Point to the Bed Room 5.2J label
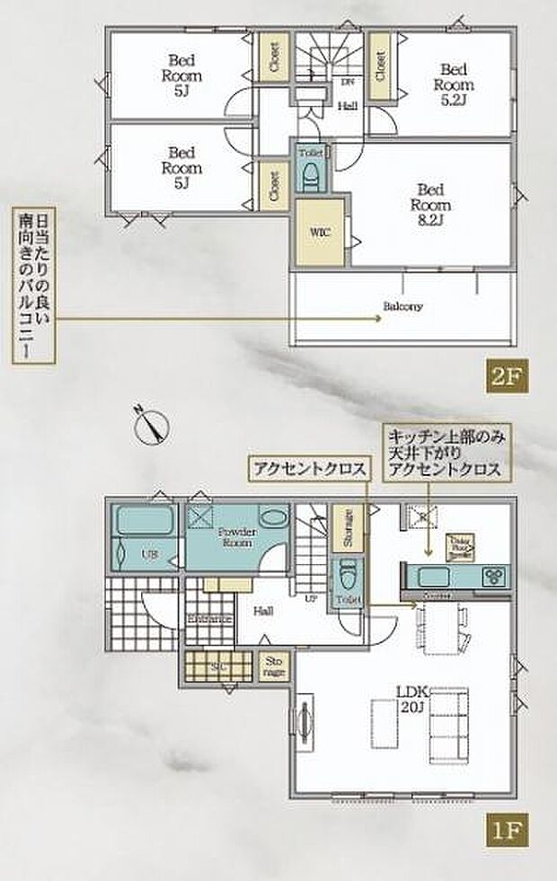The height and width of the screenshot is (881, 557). (452, 84)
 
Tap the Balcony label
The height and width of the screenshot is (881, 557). (402, 306)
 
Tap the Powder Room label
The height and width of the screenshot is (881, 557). (236, 537)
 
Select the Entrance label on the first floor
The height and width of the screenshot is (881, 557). (210, 619)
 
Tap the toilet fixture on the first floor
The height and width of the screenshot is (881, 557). (345, 576)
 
